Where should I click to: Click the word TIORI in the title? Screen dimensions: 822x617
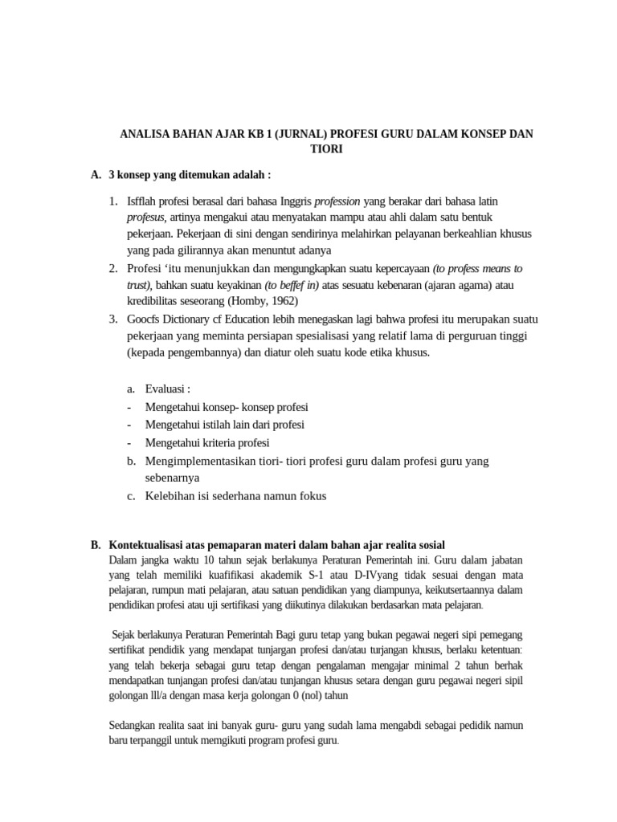(x=326, y=149)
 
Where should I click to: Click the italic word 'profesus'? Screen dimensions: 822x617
(x=145, y=217)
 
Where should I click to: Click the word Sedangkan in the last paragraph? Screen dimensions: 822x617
(x=133, y=725)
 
